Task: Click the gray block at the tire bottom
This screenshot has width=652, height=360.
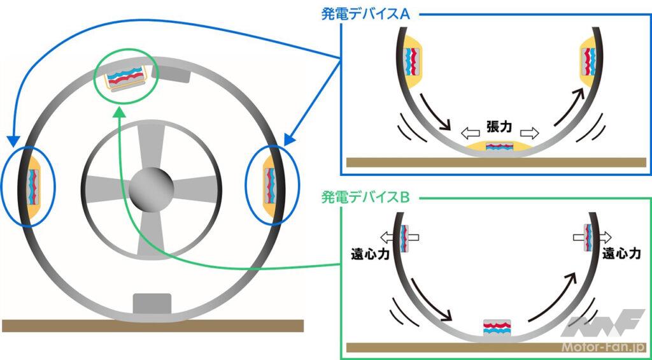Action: [x=151, y=303]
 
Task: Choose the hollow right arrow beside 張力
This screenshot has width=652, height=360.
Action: [x=529, y=133]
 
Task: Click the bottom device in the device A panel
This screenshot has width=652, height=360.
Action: [x=499, y=147]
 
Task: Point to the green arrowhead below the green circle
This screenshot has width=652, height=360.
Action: [x=120, y=112]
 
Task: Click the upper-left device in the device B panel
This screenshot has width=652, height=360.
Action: [x=405, y=237]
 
